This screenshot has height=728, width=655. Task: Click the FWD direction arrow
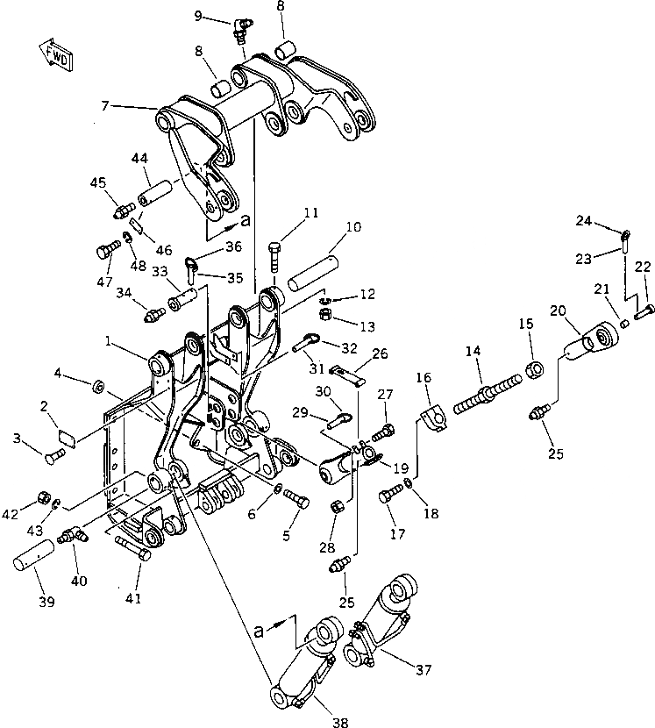(54, 54)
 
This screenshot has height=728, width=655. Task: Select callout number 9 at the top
(198, 16)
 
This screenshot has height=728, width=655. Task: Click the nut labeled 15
(531, 366)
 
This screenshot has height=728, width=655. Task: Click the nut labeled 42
(42, 500)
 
